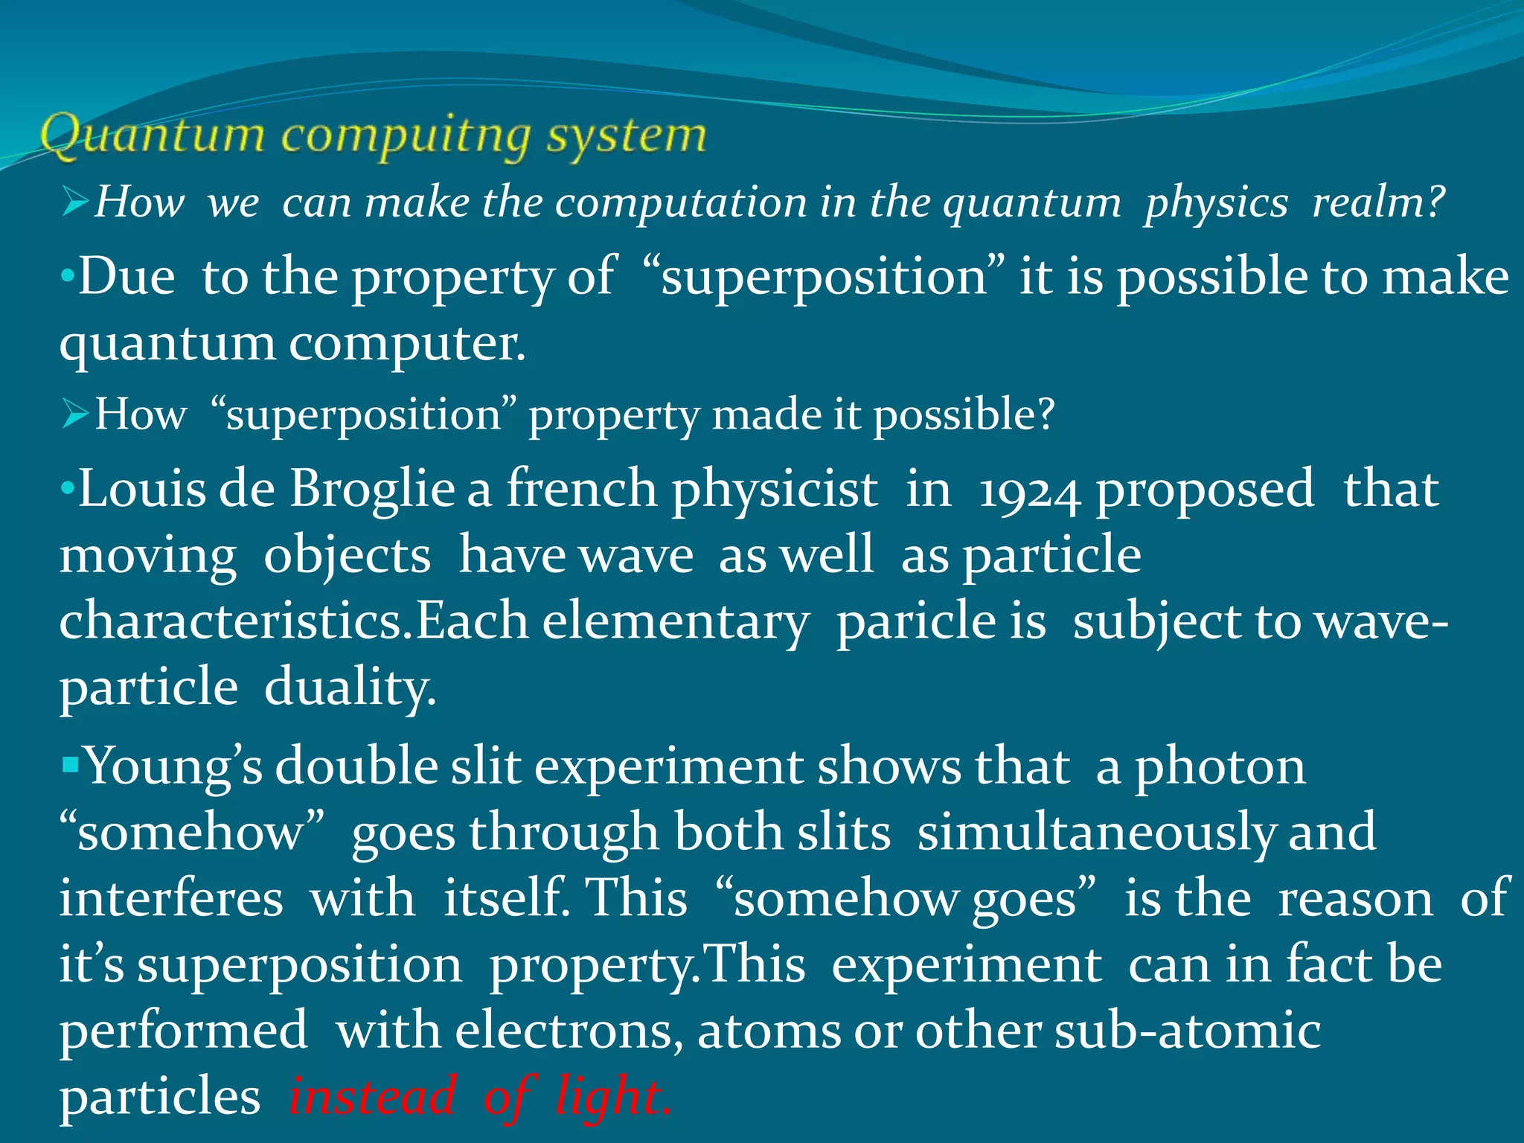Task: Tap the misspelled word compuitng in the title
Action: tap(406, 138)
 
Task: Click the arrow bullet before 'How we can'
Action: tap(76, 202)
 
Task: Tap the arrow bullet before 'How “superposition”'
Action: tap(76, 414)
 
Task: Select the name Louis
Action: tap(142, 490)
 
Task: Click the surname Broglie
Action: tap(372, 490)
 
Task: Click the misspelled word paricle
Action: tap(941, 622)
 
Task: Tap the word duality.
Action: tap(350, 688)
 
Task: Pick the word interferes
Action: tap(171, 898)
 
